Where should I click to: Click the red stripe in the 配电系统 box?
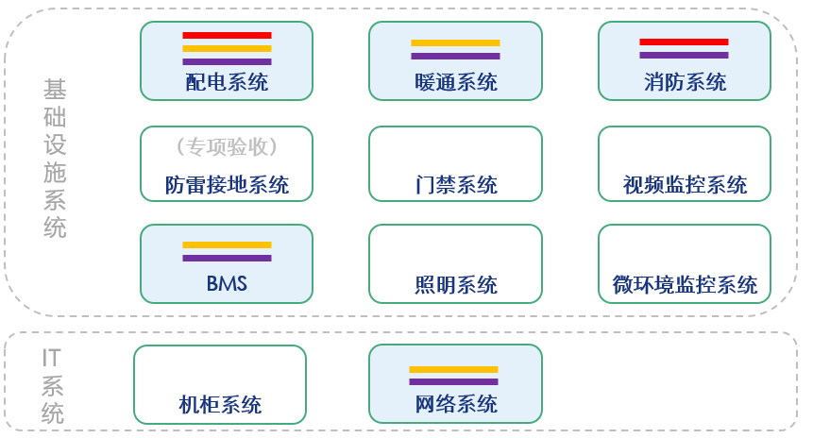click(x=227, y=36)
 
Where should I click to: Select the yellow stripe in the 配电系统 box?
click(x=227, y=48)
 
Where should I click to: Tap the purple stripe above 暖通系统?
click(x=455, y=56)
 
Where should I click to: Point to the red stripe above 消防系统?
click(x=684, y=42)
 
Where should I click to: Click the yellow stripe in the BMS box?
click(x=227, y=244)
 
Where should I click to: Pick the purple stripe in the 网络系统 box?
click(x=455, y=381)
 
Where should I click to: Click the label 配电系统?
click(x=227, y=82)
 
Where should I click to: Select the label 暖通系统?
click(x=455, y=82)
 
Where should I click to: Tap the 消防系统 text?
click(x=684, y=82)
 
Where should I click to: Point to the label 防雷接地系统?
click(x=227, y=185)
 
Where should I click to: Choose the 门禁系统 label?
click(x=455, y=185)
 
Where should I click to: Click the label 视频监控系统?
click(x=684, y=185)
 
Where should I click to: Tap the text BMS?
click(x=227, y=283)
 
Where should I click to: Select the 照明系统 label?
click(x=455, y=284)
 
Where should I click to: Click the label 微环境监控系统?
click(x=684, y=284)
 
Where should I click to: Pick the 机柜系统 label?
click(x=220, y=405)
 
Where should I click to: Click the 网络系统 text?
click(x=455, y=405)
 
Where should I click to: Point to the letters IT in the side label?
click(x=53, y=357)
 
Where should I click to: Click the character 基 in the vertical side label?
click(x=55, y=90)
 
